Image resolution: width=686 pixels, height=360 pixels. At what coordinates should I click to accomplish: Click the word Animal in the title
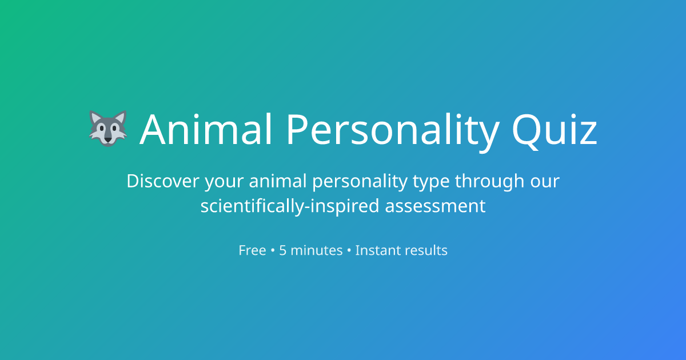pyautogui.click(x=206, y=129)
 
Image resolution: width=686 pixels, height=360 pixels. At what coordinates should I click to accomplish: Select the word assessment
pyautogui.click(x=435, y=206)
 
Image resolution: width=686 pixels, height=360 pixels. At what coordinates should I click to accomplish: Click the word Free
pyautogui.click(x=252, y=250)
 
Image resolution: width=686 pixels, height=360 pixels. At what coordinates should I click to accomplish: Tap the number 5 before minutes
pyautogui.click(x=283, y=250)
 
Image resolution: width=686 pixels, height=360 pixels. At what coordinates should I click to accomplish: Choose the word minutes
pyautogui.click(x=317, y=250)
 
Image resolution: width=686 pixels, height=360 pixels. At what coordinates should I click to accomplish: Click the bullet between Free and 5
pyautogui.click(x=273, y=251)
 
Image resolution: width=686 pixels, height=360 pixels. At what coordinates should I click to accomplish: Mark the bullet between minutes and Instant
pyautogui.click(x=349, y=251)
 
